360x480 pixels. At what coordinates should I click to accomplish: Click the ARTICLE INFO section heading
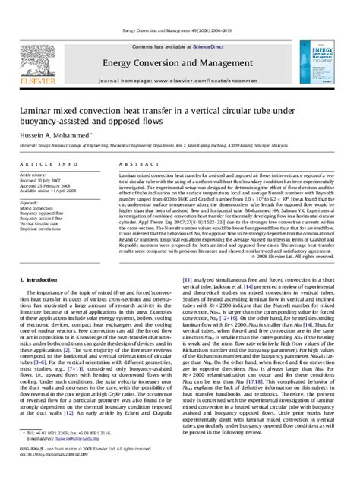click(37, 163)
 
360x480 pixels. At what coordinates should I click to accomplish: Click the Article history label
click(34, 174)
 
